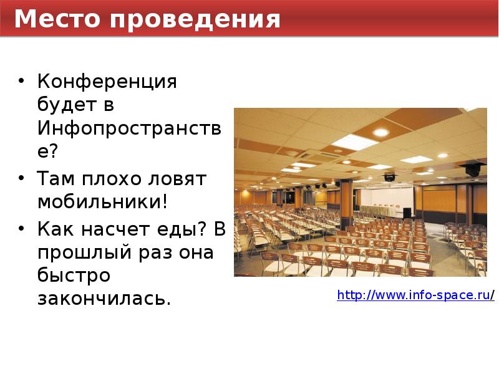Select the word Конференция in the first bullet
coord(107,81)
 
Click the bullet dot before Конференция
coord(22,82)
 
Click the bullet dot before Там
coord(22,179)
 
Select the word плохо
coord(110,179)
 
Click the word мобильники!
coord(103,203)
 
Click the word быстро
coord(73,276)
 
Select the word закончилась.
coord(104,300)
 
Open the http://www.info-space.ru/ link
coord(415,295)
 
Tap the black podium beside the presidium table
coord(407,213)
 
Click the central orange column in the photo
coord(346,203)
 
